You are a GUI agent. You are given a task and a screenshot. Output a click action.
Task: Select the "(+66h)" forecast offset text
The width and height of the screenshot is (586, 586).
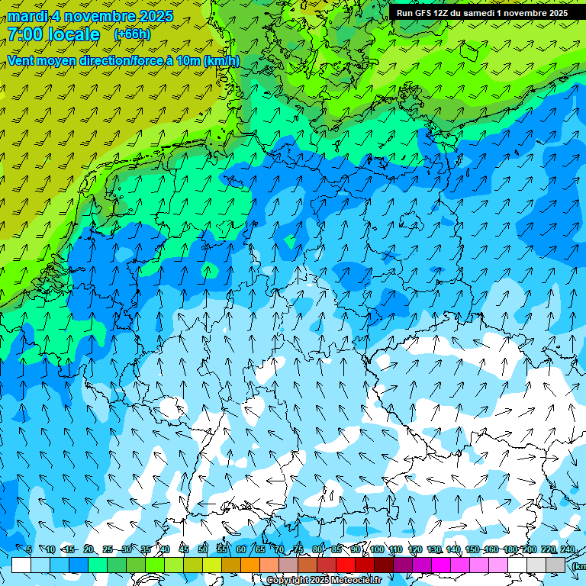[x=132, y=34]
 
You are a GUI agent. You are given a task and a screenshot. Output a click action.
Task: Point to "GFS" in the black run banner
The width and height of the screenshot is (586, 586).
[x=430, y=13]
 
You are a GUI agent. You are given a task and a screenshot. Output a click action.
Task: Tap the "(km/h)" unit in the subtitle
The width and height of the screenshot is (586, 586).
[x=222, y=60]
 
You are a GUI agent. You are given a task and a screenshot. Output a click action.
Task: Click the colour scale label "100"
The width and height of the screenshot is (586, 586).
[x=376, y=549]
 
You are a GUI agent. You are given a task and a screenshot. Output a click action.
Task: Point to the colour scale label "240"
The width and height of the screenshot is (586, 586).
[x=567, y=549]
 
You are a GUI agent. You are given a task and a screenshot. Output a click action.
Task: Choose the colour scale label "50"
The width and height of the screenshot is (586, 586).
[x=202, y=549]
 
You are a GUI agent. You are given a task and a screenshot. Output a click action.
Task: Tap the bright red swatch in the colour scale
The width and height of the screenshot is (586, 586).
[x=346, y=565]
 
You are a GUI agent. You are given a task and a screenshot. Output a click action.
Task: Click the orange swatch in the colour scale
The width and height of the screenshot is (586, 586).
[x=250, y=565]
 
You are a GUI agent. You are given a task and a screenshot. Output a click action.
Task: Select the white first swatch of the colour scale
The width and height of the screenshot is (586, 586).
[x=21, y=565]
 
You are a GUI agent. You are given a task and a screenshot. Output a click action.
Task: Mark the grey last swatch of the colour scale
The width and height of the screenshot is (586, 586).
[x=555, y=565]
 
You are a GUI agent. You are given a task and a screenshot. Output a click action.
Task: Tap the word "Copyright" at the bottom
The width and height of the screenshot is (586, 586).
[x=287, y=581]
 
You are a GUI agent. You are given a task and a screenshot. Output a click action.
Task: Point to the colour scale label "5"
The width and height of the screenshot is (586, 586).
[x=29, y=549]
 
